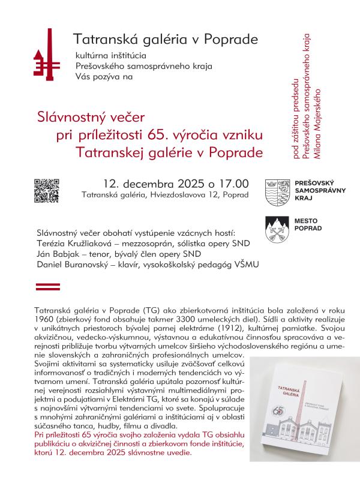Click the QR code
click(x=47, y=190)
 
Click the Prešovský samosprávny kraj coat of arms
click(x=277, y=190)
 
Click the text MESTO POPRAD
click(x=308, y=225)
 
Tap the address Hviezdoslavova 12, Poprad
click(x=193, y=195)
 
